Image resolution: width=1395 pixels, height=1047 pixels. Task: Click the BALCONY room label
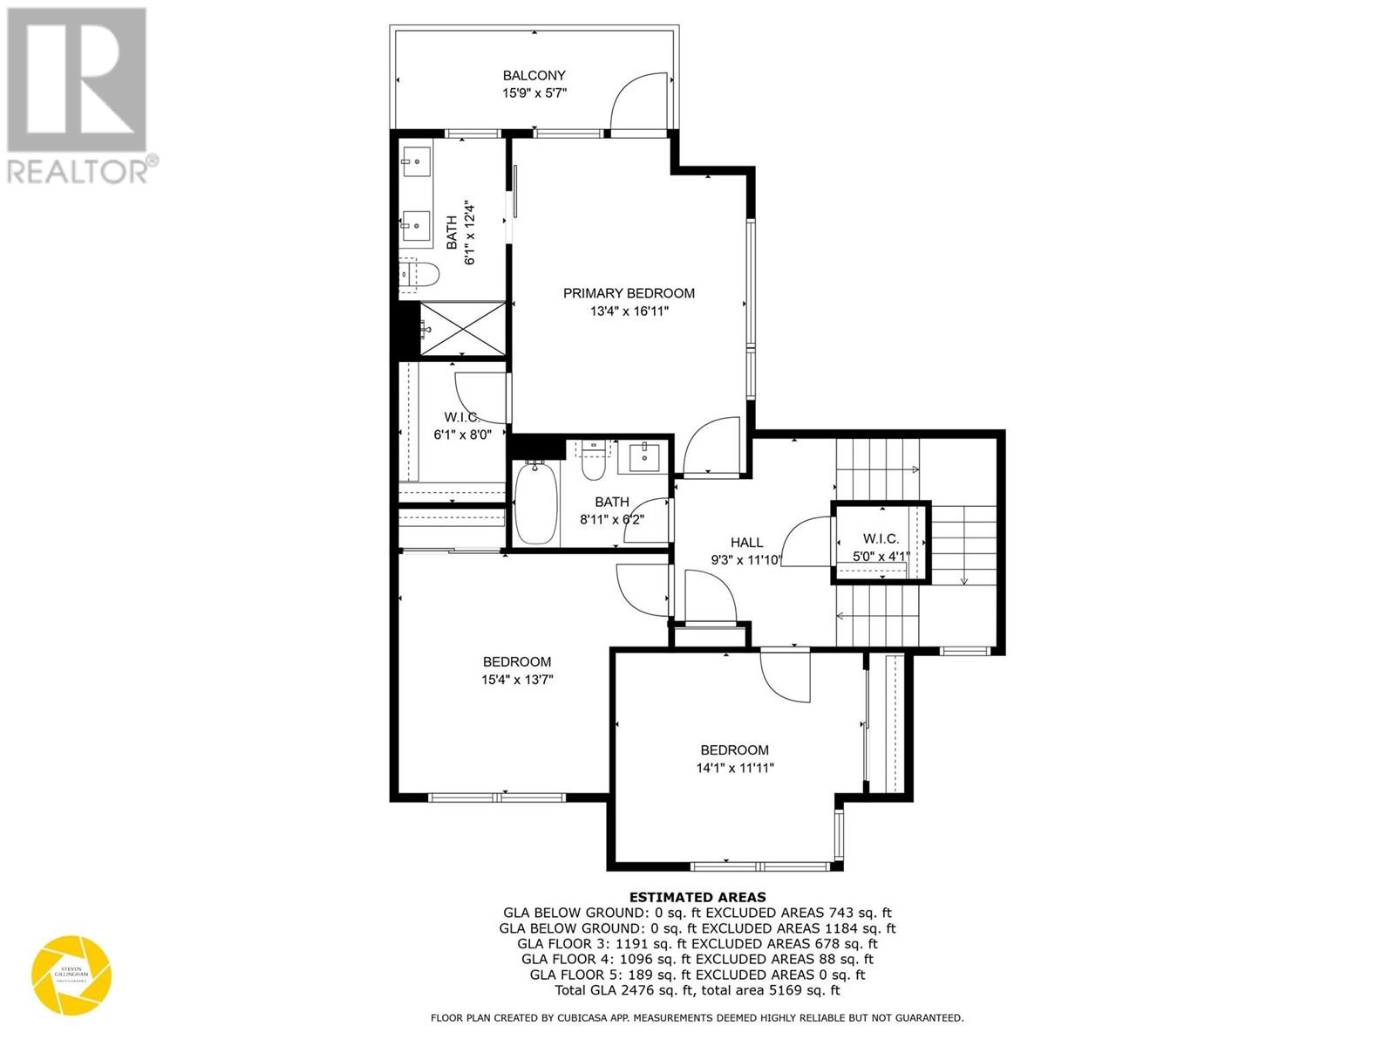[x=534, y=76]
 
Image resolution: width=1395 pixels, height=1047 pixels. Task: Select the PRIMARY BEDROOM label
[x=629, y=293]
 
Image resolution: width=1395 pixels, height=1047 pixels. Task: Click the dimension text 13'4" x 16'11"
[x=629, y=311]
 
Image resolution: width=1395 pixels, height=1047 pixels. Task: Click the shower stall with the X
[x=463, y=329]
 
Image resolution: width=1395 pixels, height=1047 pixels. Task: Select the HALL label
[x=747, y=543]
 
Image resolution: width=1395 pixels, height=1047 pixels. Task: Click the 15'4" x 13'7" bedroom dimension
[x=517, y=680]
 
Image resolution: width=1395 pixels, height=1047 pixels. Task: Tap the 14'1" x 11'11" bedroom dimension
[x=734, y=769]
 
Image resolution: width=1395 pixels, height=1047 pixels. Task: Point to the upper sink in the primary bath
[x=416, y=161]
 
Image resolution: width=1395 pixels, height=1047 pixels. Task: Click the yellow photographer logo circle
[x=71, y=975]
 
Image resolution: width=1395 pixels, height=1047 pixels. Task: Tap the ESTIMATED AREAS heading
[x=697, y=897]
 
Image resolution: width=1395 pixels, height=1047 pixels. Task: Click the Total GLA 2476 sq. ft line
[x=697, y=991]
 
